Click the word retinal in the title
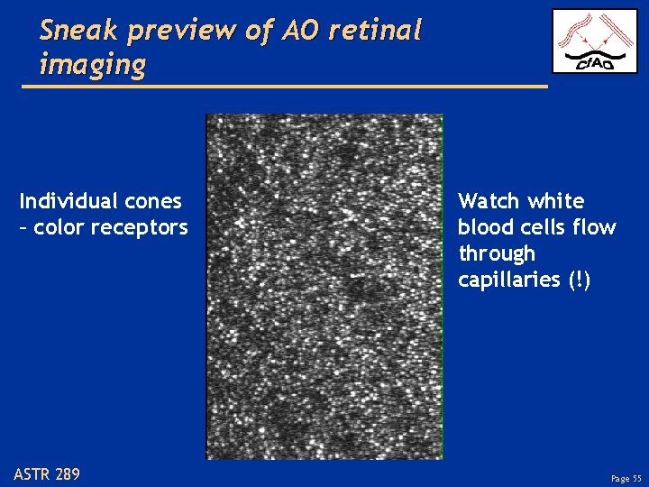(375, 31)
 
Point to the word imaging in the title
(93, 65)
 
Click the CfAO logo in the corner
(594, 41)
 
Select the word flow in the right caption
(596, 227)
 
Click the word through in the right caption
(497, 254)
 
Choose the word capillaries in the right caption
(508, 280)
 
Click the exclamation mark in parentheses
(578, 280)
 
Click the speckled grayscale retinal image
(324, 286)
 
